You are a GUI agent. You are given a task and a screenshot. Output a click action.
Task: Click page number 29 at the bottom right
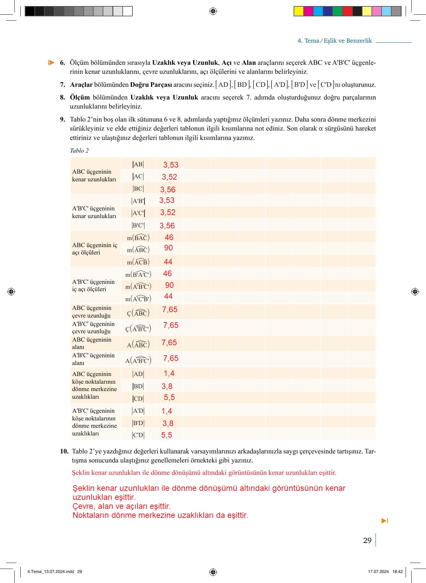[x=367, y=540]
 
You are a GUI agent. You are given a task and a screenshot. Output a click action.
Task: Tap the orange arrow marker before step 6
[x=51, y=62]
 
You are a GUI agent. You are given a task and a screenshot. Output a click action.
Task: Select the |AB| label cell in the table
[x=138, y=164]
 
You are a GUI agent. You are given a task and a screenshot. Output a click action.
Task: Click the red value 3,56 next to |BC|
[x=168, y=190]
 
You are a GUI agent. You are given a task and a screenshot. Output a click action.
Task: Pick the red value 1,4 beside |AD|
[x=169, y=373]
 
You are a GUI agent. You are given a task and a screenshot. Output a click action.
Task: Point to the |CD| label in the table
[x=138, y=398]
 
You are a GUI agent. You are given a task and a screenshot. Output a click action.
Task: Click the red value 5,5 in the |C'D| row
[x=167, y=435]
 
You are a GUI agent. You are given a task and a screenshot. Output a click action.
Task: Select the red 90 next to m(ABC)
[x=169, y=248]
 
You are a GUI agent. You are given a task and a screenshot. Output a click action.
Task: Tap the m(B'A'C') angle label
[x=138, y=274]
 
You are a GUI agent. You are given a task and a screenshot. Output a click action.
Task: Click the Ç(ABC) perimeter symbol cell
[x=138, y=313]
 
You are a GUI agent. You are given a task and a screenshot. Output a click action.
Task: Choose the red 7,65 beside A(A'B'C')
[x=171, y=358]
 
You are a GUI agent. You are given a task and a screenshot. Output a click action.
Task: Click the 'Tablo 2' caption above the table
[x=79, y=151]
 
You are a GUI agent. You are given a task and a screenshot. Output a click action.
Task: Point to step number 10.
[x=64, y=451]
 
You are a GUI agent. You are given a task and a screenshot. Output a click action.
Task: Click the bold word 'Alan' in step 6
[x=249, y=62]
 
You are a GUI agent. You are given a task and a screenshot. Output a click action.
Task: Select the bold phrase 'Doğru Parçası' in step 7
[x=151, y=85]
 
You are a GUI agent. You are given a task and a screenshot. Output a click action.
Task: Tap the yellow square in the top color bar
[x=298, y=11]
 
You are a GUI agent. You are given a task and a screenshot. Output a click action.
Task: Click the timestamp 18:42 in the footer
[x=398, y=571]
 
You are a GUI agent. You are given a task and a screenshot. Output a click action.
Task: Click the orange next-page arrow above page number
[x=385, y=521]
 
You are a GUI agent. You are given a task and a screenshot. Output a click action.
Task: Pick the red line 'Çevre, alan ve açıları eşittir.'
[x=122, y=506]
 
